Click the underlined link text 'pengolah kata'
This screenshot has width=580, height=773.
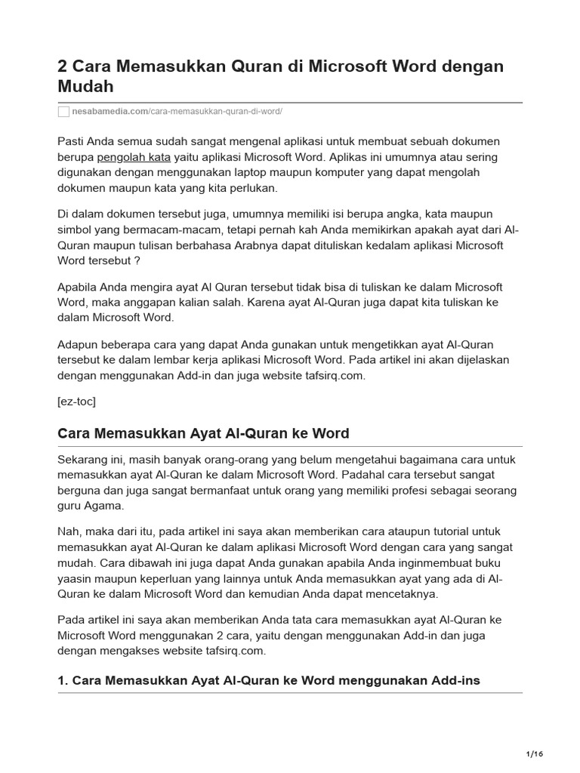(134, 157)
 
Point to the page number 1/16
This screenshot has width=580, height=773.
(534, 753)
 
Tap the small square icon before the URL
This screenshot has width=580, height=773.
(63, 111)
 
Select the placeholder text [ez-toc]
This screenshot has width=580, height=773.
(76, 402)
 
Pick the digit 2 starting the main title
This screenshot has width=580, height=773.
(63, 66)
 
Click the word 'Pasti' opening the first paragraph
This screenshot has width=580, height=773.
(71, 141)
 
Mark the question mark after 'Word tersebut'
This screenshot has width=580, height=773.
(138, 260)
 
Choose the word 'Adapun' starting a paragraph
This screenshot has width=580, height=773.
(78, 344)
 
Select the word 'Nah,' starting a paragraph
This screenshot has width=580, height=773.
(69, 531)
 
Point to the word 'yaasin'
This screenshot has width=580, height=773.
(75, 578)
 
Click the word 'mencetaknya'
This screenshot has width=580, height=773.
(403, 594)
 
